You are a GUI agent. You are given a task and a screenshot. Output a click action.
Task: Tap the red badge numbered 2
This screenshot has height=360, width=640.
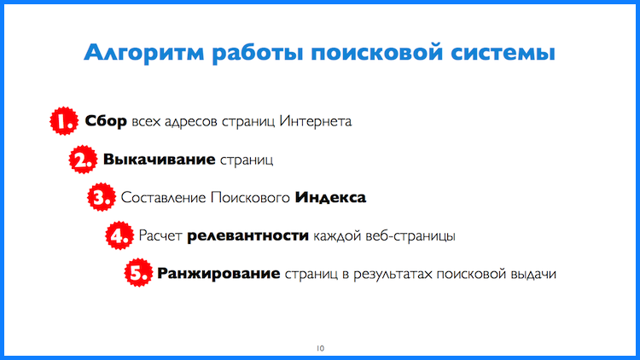pos(83,160)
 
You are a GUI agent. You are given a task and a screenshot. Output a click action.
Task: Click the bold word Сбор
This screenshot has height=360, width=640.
pos(106,121)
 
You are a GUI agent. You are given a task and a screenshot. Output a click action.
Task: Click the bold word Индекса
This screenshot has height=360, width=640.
pos(330,198)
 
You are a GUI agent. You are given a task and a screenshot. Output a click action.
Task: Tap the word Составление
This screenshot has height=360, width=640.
pos(163,198)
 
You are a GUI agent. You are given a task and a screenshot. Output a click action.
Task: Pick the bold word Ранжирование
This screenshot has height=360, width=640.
pos(219,274)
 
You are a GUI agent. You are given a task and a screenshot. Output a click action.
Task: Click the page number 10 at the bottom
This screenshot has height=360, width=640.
pos(320,347)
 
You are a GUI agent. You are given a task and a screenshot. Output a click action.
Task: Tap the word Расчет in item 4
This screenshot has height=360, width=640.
pos(160,235)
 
